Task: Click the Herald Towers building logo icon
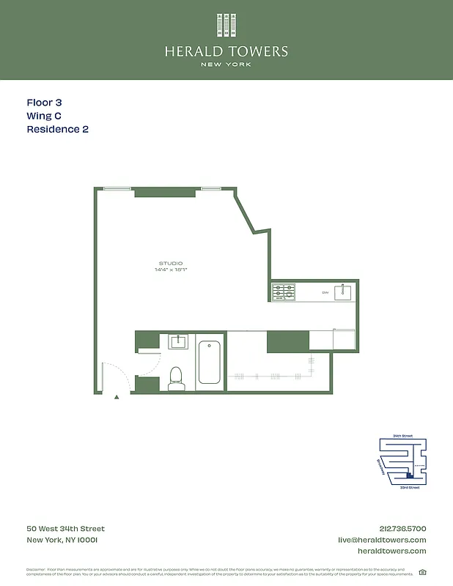pos(226,26)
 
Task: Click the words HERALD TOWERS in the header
pos(226,51)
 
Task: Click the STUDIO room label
pos(170,263)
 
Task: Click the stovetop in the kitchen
pos(283,292)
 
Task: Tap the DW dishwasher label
pos(325,293)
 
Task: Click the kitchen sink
pos(343,292)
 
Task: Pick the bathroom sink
pos(178,341)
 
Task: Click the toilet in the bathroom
pos(175,377)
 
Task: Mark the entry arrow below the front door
pos(117,397)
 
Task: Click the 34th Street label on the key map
pos(402,436)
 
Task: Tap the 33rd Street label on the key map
pos(409,487)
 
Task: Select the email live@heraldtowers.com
pos(381,540)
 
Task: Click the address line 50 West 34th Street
pos(65,529)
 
